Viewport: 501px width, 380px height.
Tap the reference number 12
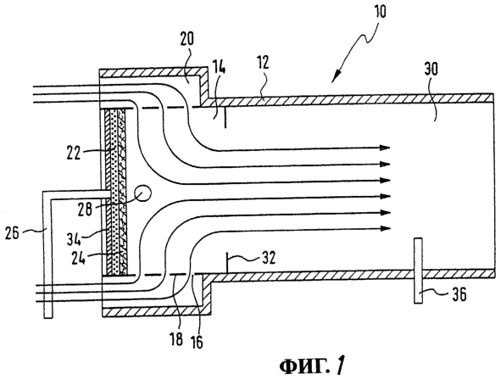coord(263,63)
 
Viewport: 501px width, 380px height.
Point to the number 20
coord(186,39)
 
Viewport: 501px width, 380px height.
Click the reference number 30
coord(431,70)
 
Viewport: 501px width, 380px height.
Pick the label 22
coord(73,153)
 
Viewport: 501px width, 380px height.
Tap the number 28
coord(84,210)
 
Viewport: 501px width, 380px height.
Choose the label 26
coord(12,232)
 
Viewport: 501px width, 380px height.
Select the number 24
coord(78,258)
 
